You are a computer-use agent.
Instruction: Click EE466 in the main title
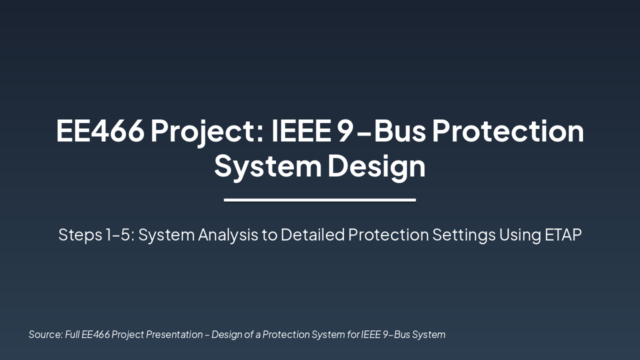[100, 130]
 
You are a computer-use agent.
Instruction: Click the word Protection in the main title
[507, 130]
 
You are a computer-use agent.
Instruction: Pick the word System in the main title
[267, 166]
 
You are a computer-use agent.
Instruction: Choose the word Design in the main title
[376, 166]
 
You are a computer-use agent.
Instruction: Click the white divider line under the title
[320, 200]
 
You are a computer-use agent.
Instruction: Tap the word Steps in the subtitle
[79, 234]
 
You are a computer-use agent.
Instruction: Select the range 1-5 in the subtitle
[119, 234]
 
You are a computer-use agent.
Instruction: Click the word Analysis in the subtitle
[227, 234]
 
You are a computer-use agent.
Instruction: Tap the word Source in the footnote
[45, 334]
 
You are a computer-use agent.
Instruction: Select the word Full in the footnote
[72, 334]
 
